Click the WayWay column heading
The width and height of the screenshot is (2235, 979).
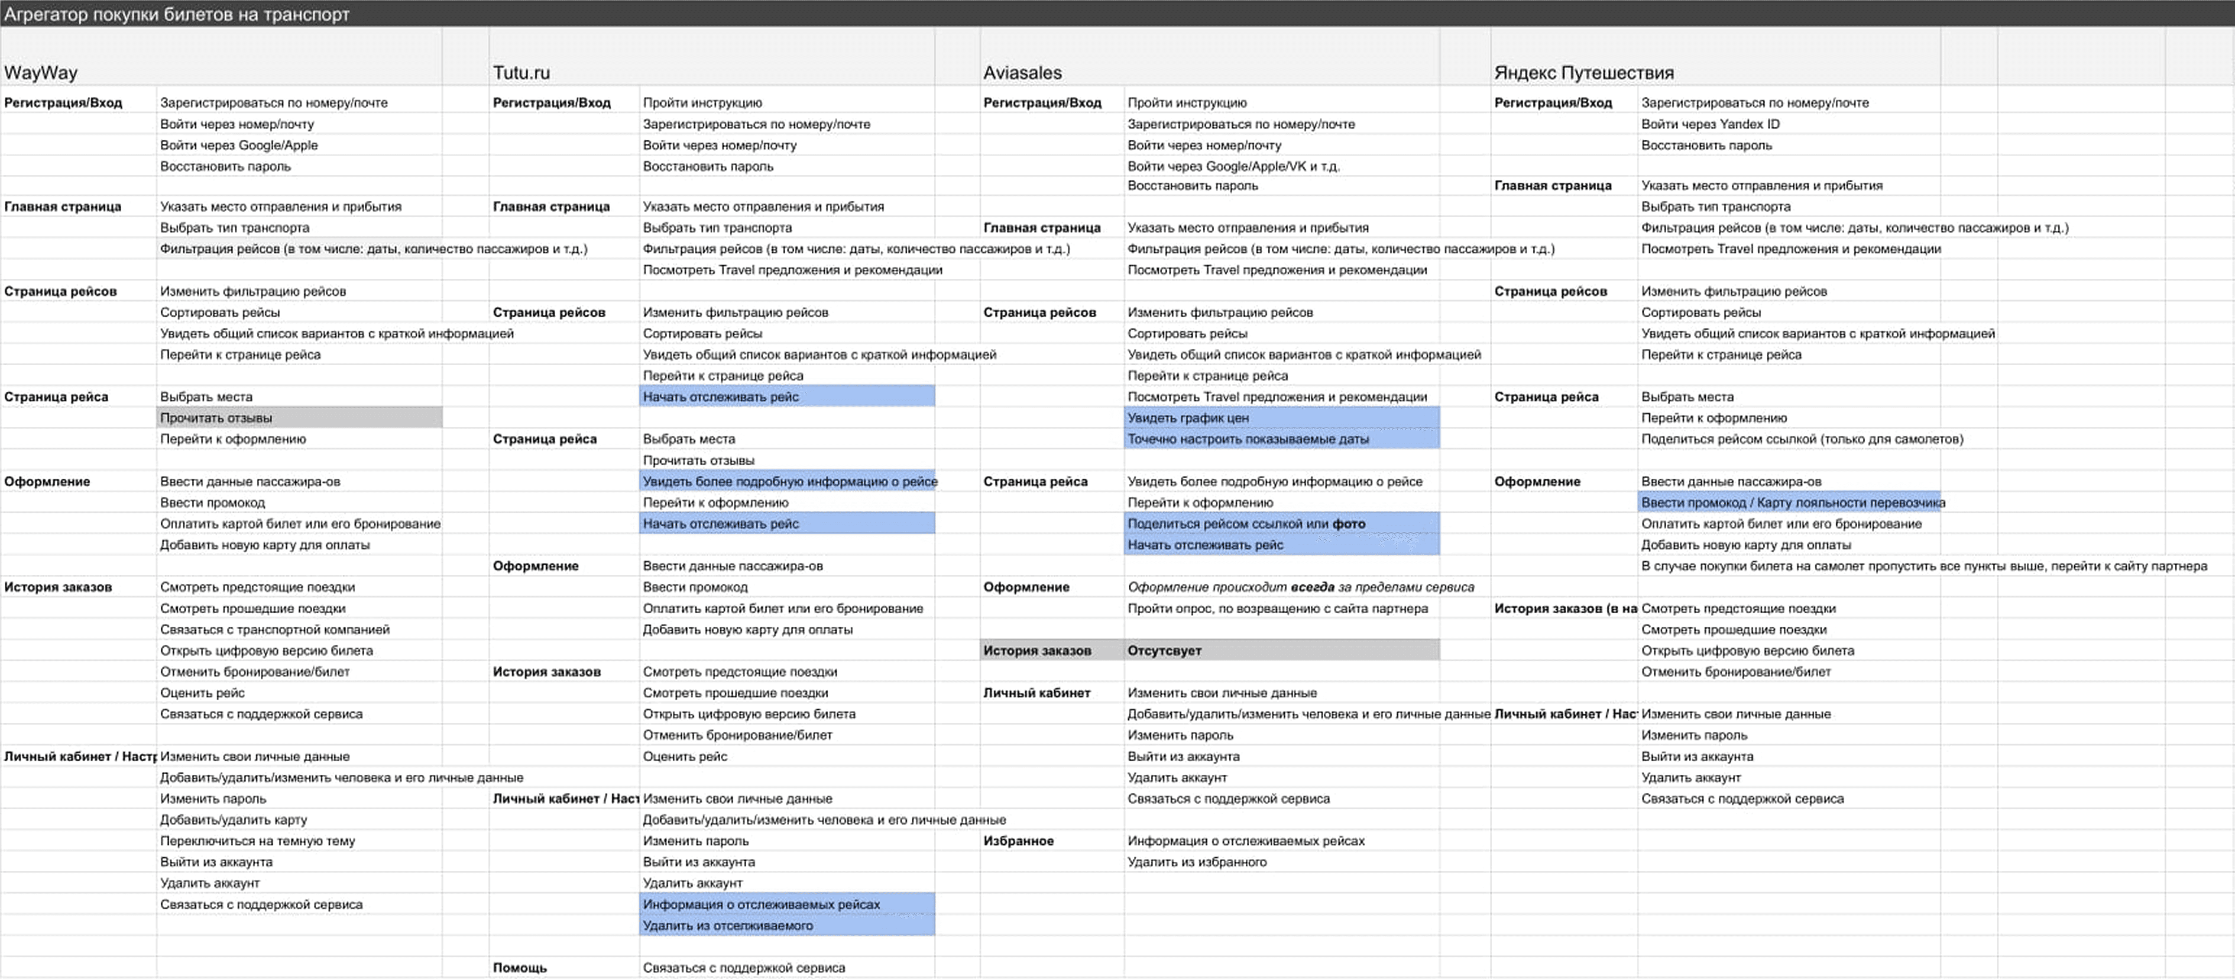pos(41,73)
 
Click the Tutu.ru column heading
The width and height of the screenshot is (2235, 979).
pos(521,73)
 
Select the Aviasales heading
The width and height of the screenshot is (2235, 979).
pos(1022,73)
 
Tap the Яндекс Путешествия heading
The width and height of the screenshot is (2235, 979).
pos(1584,73)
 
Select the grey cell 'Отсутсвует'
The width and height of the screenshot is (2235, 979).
pos(1164,651)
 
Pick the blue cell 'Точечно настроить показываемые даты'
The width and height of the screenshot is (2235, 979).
pos(1247,439)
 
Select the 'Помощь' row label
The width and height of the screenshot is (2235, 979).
pos(520,968)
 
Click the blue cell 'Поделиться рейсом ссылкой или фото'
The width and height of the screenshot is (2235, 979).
pos(1246,524)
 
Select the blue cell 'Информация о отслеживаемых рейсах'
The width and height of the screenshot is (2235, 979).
pos(761,905)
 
